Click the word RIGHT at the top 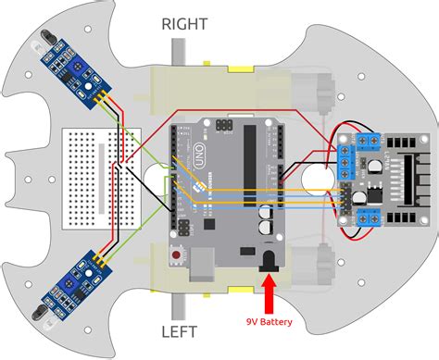[184, 24]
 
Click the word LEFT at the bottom [183, 329]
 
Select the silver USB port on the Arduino [200, 266]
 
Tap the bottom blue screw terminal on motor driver [362, 217]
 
